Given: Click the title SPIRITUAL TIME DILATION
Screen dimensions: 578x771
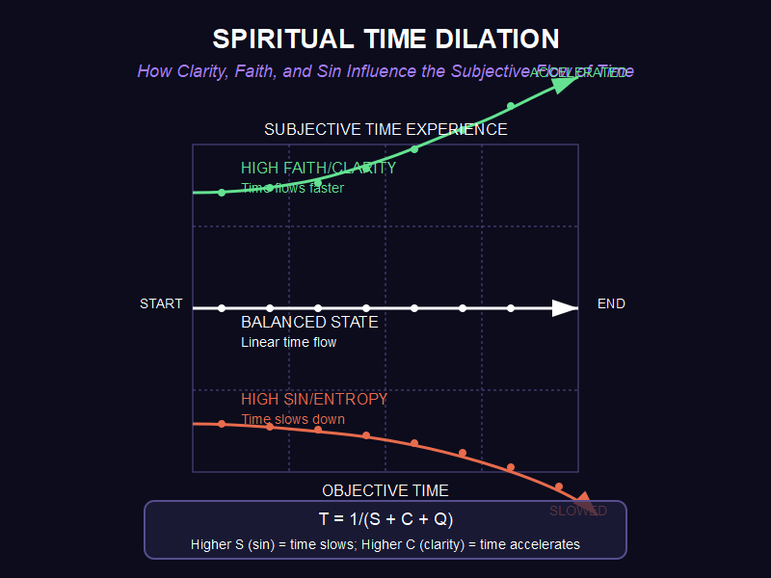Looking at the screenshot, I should click(x=385, y=39).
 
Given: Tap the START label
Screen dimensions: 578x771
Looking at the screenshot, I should click(x=161, y=304).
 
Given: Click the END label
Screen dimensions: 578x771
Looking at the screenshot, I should click(x=611, y=304).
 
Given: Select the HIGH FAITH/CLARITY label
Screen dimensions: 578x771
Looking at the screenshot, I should click(x=318, y=168).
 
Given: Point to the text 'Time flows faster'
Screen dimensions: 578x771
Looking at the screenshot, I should click(x=292, y=188).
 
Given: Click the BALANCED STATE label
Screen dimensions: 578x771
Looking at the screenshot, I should click(x=309, y=323).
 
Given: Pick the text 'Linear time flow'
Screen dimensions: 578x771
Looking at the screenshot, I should click(x=288, y=342).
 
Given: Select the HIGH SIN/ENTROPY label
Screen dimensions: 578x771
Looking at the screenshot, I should click(x=314, y=399).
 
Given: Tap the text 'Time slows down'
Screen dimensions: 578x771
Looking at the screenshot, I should click(x=292, y=419).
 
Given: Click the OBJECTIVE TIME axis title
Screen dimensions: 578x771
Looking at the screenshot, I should click(x=385, y=491).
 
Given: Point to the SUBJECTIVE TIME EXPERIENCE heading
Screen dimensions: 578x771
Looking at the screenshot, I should click(x=385, y=129).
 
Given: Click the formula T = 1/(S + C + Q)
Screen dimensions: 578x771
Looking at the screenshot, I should click(x=385, y=520).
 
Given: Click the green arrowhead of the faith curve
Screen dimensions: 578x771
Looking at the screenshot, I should click(x=566, y=82).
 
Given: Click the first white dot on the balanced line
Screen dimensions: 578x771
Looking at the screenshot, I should click(x=222, y=308).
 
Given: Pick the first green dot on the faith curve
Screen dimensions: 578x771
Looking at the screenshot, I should click(x=222, y=193).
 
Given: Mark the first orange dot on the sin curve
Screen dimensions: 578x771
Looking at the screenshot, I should click(x=222, y=424).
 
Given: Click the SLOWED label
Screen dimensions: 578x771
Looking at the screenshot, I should click(x=578, y=511).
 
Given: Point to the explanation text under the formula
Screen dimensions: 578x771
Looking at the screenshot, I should click(x=385, y=544).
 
